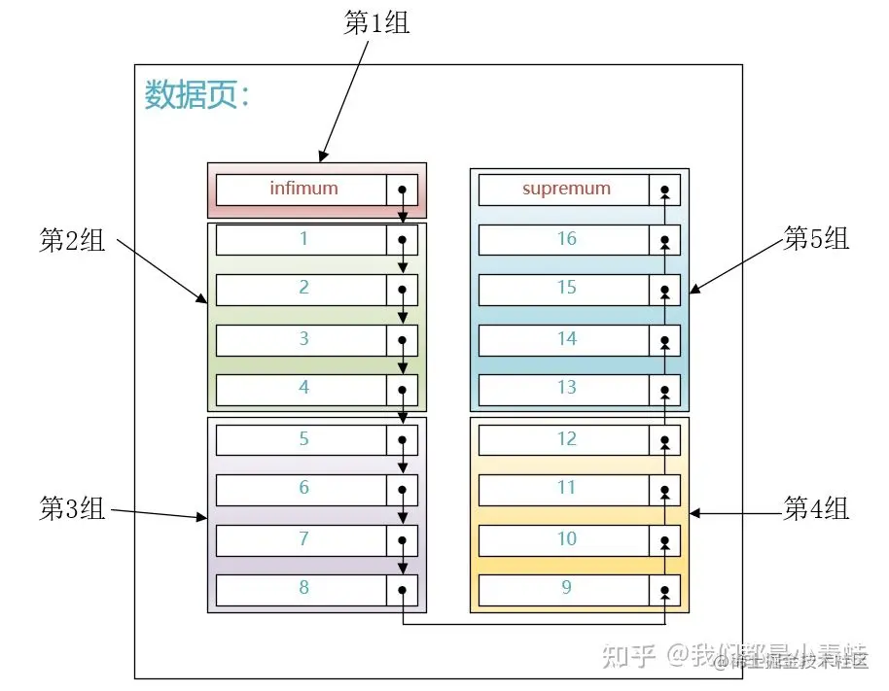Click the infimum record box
(302, 189)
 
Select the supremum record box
(565, 189)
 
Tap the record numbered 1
(302, 238)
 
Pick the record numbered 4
(302, 388)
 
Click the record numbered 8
(302, 588)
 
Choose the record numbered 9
(565, 588)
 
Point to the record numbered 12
(565, 439)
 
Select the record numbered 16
(565, 239)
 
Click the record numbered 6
(302, 488)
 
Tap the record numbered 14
(565, 339)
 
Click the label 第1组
(376, 23)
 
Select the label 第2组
(72, 241)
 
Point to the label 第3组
(72, 508)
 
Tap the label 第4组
(816, 507)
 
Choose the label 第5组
(816, 239)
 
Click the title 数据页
(197, 95)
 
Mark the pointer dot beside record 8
(402, 590)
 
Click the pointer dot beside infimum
(402, 190)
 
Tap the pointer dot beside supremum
(665, 190)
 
